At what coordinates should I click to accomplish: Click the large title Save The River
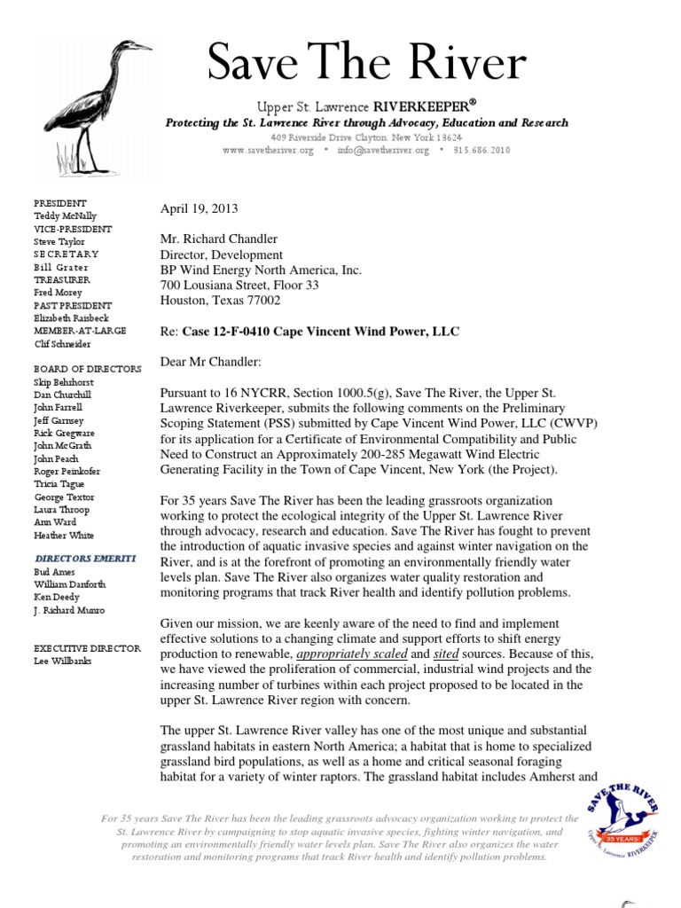[x=366, y=67]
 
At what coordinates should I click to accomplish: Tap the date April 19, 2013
[x=199, y=208]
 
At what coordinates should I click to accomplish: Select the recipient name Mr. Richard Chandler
[x=219, y=239]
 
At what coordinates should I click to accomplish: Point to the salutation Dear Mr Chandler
[x=210, y=361]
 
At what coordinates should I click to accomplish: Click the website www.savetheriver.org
[x=268, y=151]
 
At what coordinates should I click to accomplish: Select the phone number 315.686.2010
[x=482, y=151]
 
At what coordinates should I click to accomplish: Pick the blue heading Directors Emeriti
[x=85, y=559]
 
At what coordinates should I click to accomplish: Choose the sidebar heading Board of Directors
[x=87, y=368]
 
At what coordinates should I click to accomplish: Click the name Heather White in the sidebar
[x=64, y=536]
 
